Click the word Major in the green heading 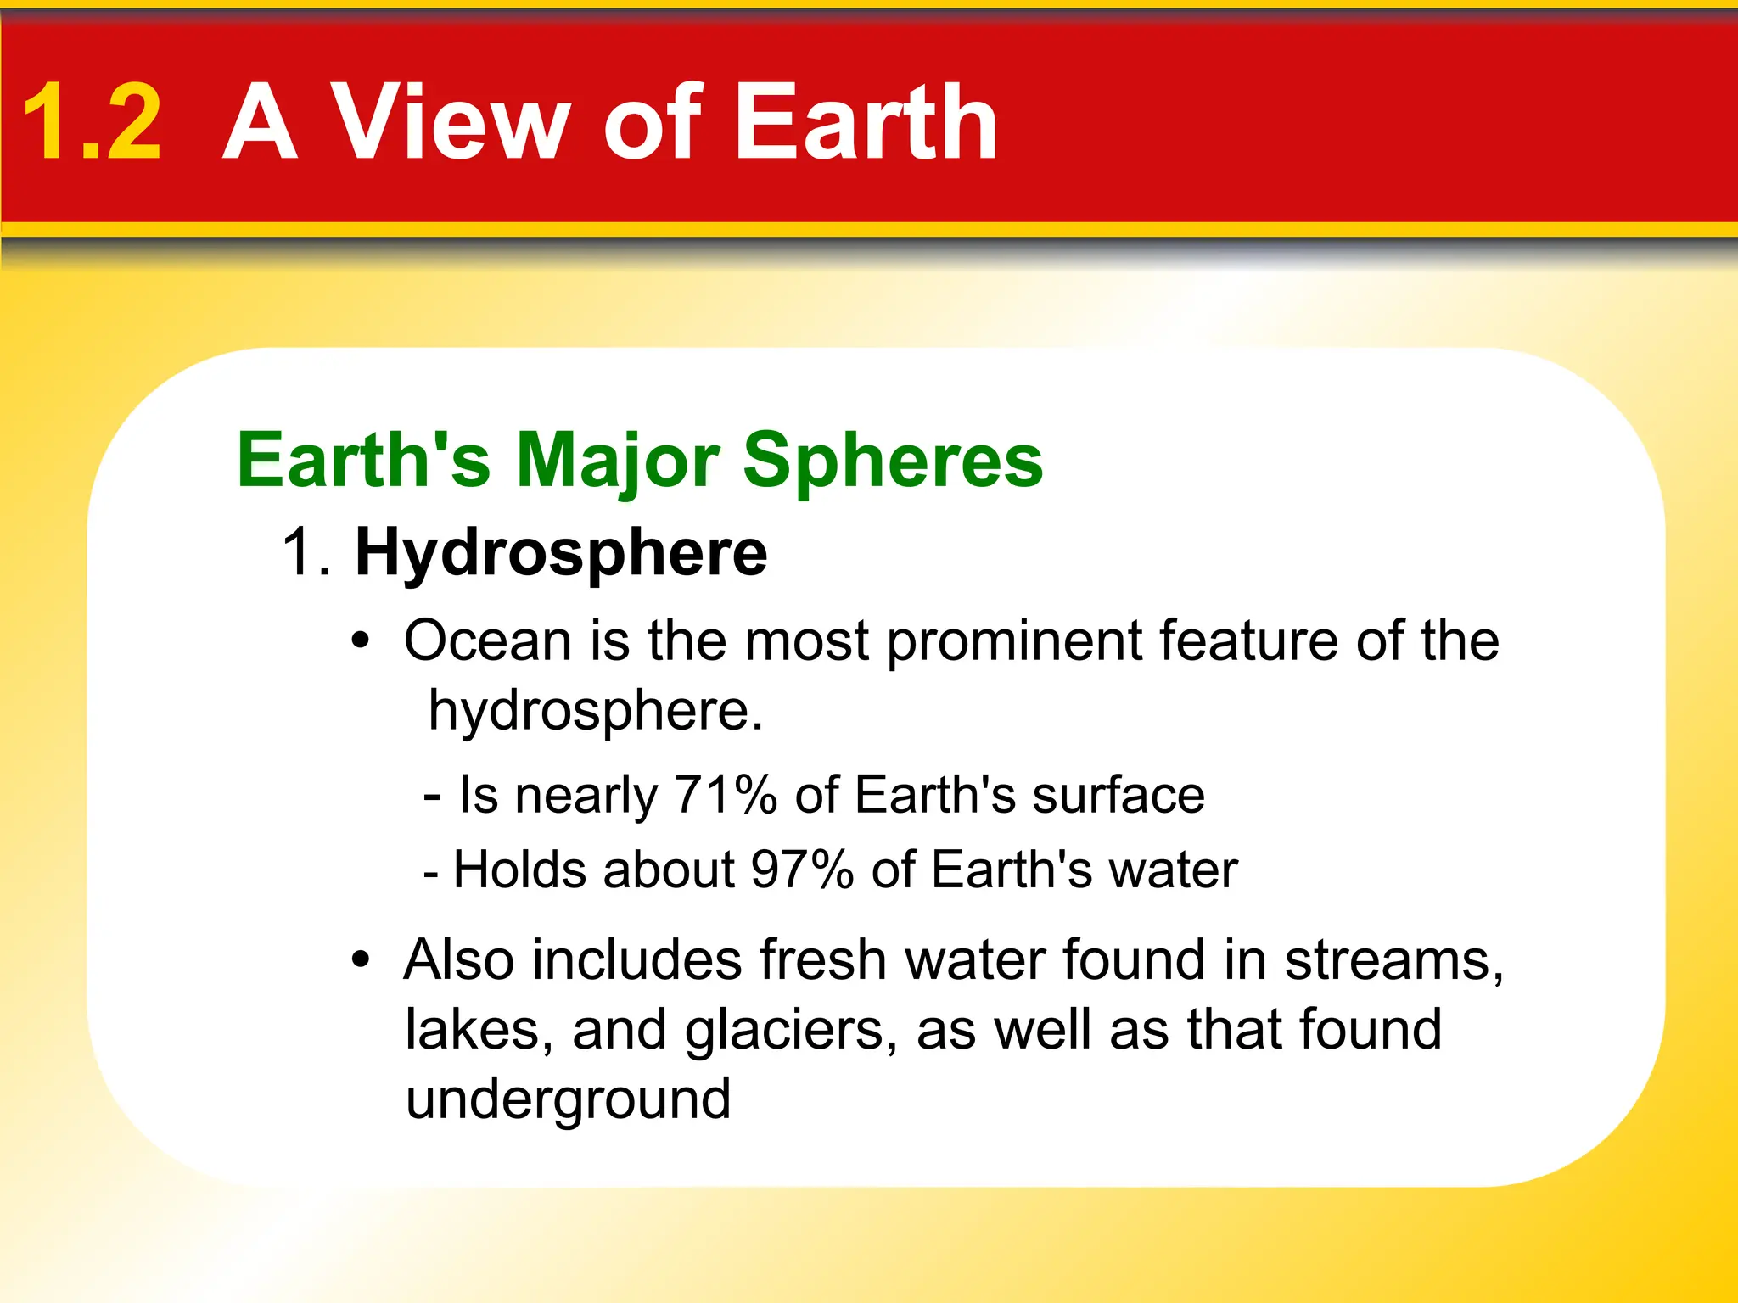point(618,461)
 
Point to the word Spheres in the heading point(893,461)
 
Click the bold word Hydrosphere point(561,553)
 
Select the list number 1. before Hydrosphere point(306,553)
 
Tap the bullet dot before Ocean point(362,641)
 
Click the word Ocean point(487,641)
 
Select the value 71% point(726,796)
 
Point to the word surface point(1118,796)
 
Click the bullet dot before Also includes point(362,960)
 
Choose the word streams point(1393,960)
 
